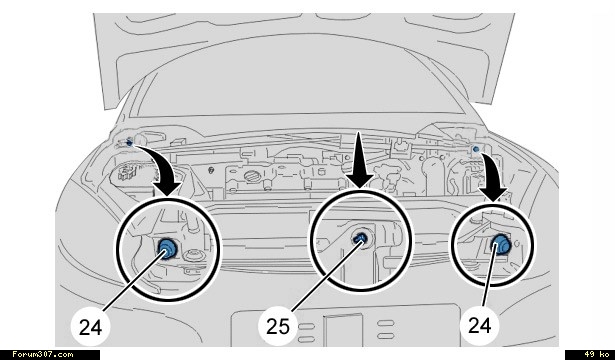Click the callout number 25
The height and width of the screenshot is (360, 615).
(x=278, y=326)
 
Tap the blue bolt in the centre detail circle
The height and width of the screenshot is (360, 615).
(x=360, y=238)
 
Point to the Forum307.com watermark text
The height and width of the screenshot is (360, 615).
(x=42, y=355)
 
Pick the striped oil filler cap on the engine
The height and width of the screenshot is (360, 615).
(x=250, y=176)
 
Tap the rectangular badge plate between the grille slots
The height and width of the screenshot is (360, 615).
(x=343, y=330)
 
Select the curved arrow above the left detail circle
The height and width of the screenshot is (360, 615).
(x=161, y=166)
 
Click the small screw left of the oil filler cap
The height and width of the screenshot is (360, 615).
(x=211, y=170)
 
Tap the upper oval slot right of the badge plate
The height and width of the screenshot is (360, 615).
(x=386, y=323)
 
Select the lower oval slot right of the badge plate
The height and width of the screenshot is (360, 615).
(x=386, y=336)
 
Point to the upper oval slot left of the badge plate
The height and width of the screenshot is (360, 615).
(x=306, y=326)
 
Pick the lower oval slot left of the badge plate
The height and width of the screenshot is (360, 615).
(x=306, y=339)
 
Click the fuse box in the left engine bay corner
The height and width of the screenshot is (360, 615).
(x=126, y=172)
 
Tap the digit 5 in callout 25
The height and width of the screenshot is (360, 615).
(x=284, y=326)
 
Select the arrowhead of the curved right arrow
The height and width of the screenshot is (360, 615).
(x=493, y=193)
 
